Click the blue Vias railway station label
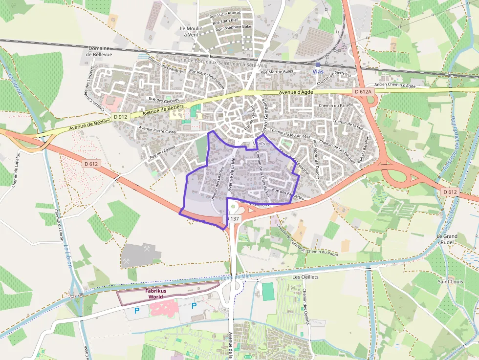point(318,71)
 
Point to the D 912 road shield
point(120,117)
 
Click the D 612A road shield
point(363,91)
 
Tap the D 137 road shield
point(233,219)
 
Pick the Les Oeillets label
point(305,277)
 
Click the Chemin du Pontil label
point(323,252)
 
